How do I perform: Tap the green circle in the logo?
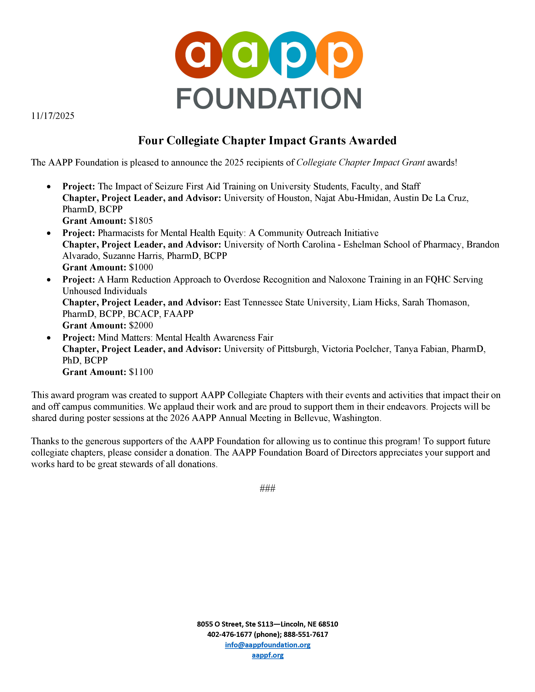245,55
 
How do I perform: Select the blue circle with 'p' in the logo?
292,55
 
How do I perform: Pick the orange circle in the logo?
339,55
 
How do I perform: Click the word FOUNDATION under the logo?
269,99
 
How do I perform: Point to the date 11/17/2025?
53,116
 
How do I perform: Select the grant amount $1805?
141,221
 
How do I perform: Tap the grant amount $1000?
141,267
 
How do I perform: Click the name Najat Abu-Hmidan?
351,198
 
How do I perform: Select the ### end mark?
267,488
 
